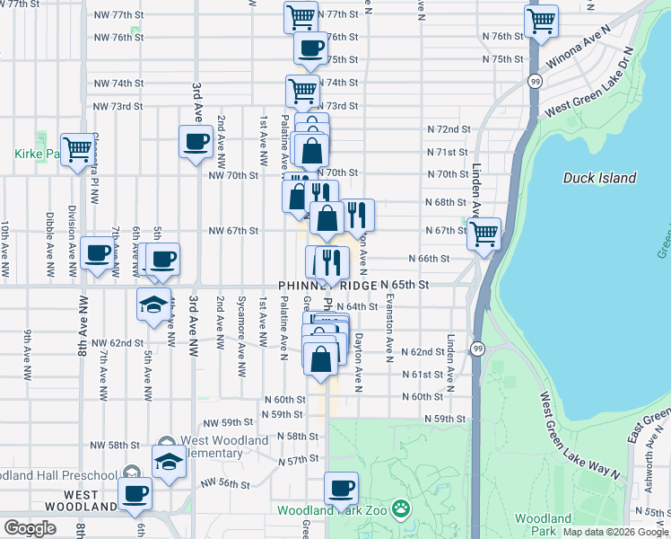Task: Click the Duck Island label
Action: tap(599, 178)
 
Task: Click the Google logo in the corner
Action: tap(30, 528)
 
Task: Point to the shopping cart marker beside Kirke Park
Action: tap(78, 149)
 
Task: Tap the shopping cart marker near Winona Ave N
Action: tap(541, 21)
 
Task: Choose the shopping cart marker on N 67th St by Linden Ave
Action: tap(484, 234)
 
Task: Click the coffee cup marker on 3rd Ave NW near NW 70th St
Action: tap(196, 142)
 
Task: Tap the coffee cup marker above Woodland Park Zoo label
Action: tap(341, 489)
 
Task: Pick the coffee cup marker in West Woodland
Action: tap(135, 493)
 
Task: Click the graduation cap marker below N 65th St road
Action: tap(153, 304)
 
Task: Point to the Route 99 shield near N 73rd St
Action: tap(535, 82)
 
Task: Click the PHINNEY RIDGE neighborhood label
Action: tap(327, 285)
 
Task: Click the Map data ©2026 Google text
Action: tap(615, 531)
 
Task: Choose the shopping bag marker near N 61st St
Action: tap(320, 358)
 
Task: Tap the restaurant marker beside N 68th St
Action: tap(357, 215)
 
